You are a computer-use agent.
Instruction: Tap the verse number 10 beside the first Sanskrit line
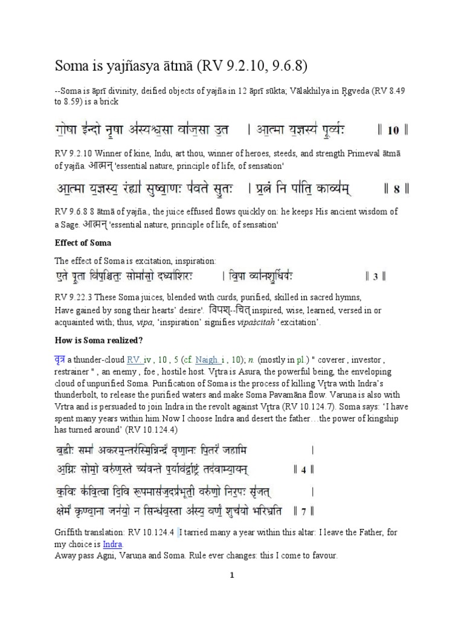click(x=393, y=130)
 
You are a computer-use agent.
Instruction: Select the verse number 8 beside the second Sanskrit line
click(x=397, y=189)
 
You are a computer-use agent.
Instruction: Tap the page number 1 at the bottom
click(x=231, y=576)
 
